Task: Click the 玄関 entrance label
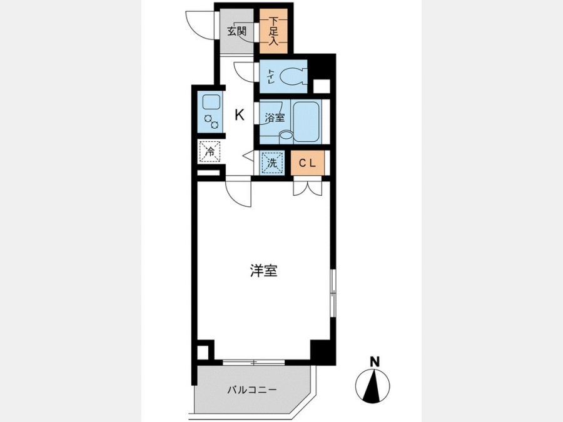pyautogui.click(x=236, y=31)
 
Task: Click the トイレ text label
pyautogui.click(x=271, y=76)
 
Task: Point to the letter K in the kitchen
pyautogui.click(x=240, y=115)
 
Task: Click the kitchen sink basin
pyautogui.click(x=211, y=103)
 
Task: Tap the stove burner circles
pyautogui.click(x=211, y=121)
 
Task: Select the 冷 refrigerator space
pyautogui.click(x=210, y=152)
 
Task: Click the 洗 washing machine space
pyautogui.click(x=272, y=163)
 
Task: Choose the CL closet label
pyautogui.click(x=307, y=163)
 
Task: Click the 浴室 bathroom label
pyautogui.click(x=275, y=118)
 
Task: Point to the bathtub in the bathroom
pyautogui.click(x=307, y=121)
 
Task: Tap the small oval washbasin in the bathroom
pyautogui.click(x=286, y=136)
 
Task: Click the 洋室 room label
pyautogui.click(x=264, y=271)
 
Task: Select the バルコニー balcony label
pyautogui.click(x=252, y=389)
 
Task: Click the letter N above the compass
pyautogui.click(x=375, y=361)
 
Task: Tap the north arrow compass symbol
pyautogui.click(x=372, y=386)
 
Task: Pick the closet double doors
pyautogui.click(x=307, y=188)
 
